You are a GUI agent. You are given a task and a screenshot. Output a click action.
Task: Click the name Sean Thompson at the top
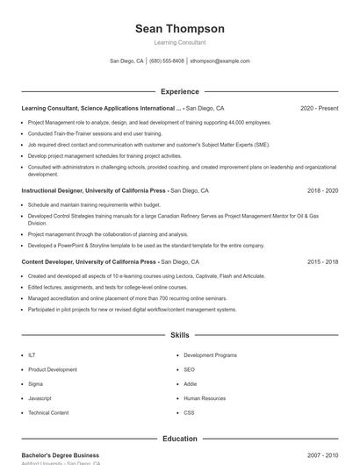click(179, 28)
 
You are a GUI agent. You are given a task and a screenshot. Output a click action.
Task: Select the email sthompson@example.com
click(220, 61)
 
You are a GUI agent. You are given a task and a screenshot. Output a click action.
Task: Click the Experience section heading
click(179, 91)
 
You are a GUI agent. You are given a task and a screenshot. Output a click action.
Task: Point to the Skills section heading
click(179, 335)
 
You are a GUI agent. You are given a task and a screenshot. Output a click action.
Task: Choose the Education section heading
click(179, 439)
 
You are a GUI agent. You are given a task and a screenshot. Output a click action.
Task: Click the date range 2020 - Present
click(319, 108)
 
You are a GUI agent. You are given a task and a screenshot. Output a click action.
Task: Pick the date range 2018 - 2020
click(322, 190)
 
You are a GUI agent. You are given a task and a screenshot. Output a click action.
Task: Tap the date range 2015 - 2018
click(322, 261)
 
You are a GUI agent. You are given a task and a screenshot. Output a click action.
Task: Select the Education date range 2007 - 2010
click(322, 455)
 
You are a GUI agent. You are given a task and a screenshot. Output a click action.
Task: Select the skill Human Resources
click(204, 397)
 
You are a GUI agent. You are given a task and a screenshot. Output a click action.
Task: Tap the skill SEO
click(189, 369)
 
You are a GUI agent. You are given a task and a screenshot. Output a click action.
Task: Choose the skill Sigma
click(36, 383)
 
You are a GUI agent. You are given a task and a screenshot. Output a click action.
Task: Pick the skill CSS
click(189, 411)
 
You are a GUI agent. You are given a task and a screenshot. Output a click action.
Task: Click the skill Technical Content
click(48, 411)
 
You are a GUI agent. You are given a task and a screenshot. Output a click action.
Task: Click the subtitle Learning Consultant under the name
click(179, 42)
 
